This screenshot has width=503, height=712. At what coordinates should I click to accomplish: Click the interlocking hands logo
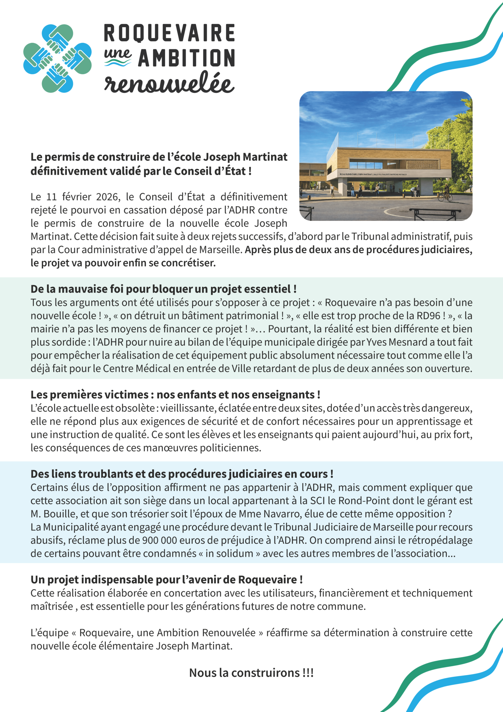point(57,58)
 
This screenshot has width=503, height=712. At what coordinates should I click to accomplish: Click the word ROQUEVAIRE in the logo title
point(169,33)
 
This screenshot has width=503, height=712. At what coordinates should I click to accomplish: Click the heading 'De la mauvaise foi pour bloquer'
point(163,289)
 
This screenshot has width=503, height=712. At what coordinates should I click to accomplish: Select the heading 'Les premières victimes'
point(175,394)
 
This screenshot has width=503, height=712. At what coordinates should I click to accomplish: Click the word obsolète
point(135,408)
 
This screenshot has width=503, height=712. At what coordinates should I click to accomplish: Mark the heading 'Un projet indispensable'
point(166,579)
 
